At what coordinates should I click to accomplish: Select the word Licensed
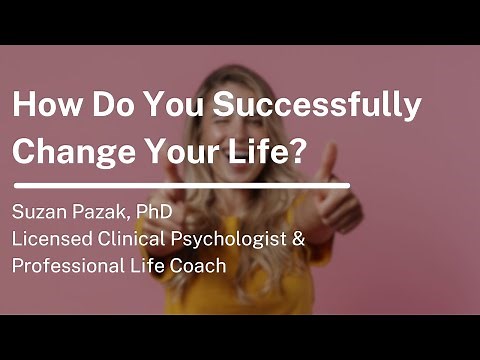pos(51,241)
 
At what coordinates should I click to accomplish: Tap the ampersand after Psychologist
pos(297,241)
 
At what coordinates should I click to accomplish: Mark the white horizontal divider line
pos(180,185)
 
